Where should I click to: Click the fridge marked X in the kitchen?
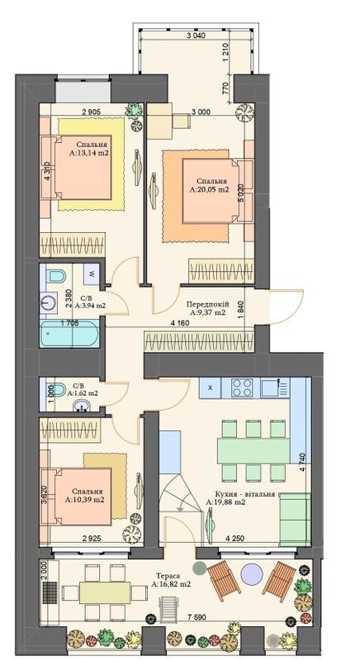[211, 387]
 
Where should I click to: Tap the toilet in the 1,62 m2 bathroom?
[53, 392]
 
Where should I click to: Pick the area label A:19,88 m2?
[226, 502]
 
